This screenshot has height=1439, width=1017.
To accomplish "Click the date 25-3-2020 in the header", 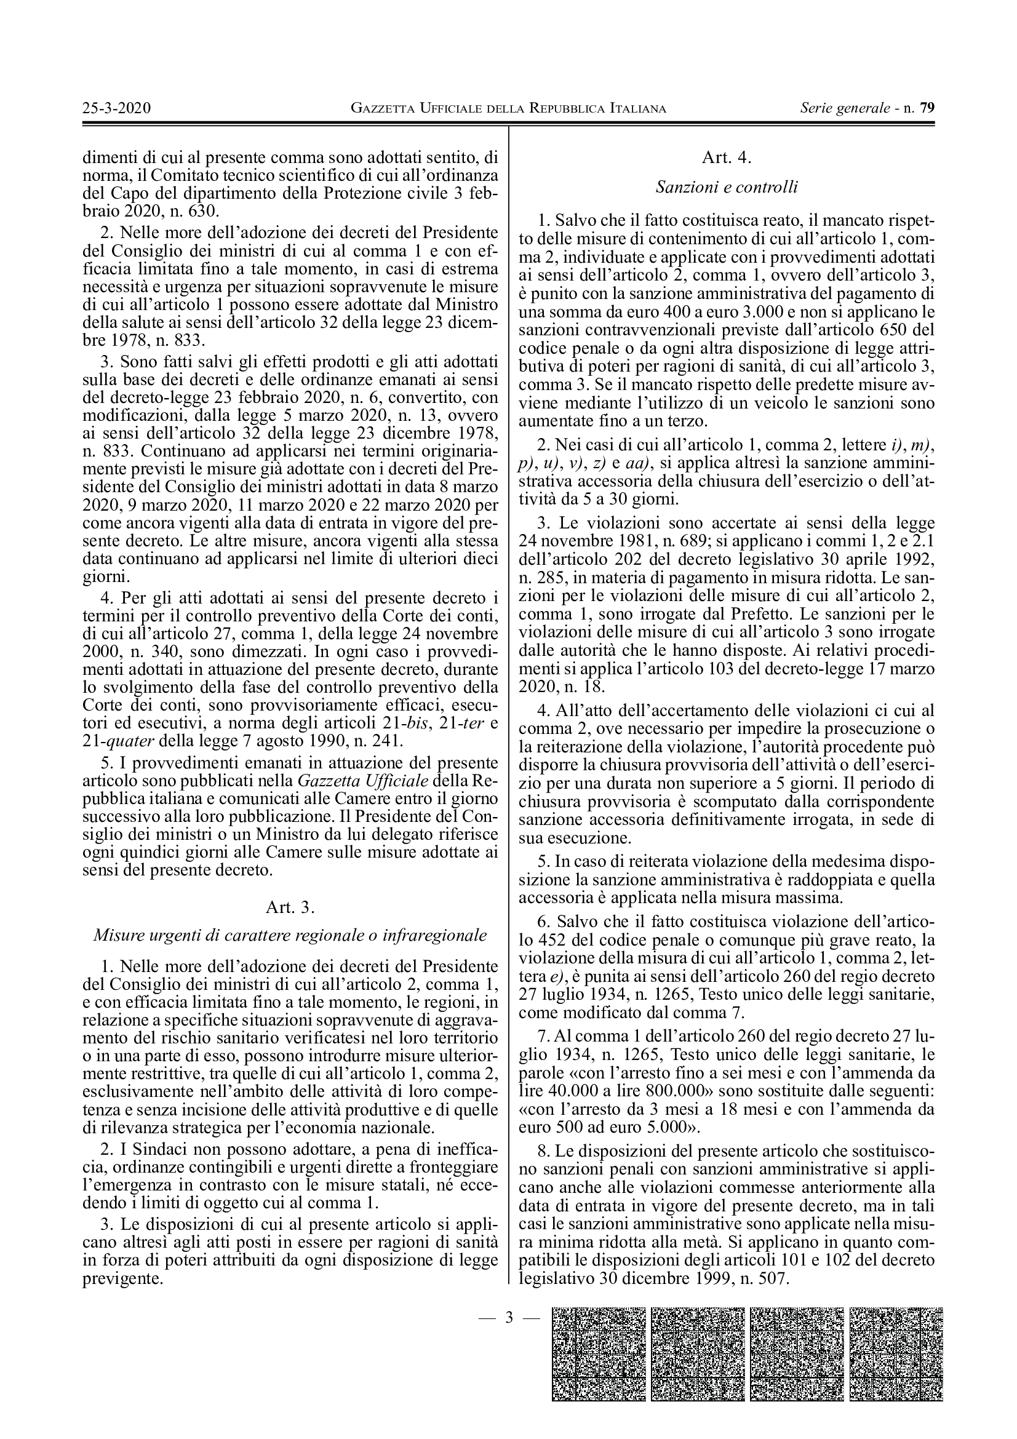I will pyautogui.click(x=116, y=108).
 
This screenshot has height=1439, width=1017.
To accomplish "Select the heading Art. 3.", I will pyautogui.click(x=290, y=907).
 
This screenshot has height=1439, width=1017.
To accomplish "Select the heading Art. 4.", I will pyautogui.click(x=726, y=157).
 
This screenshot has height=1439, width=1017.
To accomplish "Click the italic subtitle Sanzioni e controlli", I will pyautogui.click(x=726, y=186).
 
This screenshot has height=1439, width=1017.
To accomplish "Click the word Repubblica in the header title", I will pyautogui.click(x=567, y=108).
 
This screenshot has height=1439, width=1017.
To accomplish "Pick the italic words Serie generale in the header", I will pyautogui.click(x=845, y=108).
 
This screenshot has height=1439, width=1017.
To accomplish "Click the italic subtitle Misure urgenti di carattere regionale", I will pyautogui.click(x=290, y=935).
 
